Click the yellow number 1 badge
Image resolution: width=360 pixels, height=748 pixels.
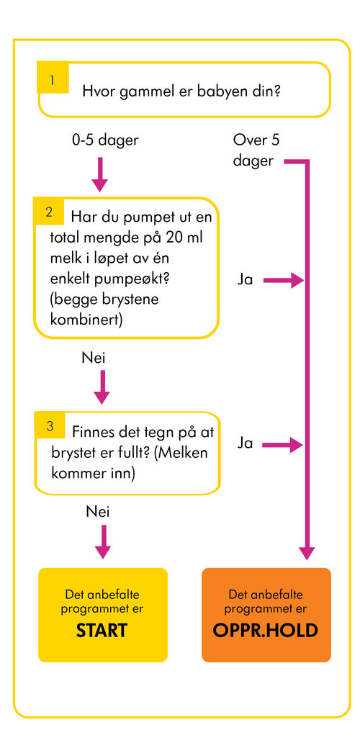click(x=53, y=77)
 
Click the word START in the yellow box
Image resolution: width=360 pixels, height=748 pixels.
click(x=102, y=630)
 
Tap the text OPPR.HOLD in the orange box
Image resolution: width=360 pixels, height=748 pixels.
click(x=266, y=630)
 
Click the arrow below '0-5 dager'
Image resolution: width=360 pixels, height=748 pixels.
click(x=99, y=174)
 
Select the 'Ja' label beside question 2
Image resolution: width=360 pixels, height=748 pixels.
click(x=245, y=280)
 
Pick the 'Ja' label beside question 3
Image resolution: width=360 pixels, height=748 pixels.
click(x=245, y=443)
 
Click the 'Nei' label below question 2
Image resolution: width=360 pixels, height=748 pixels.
click(x=94, y=358)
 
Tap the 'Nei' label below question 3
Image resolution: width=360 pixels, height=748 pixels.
click(x=98, y=512)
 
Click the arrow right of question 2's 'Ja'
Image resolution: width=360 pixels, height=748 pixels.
click(x=283, y=281)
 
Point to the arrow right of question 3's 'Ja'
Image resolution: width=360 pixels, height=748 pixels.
click(x=283, y=445)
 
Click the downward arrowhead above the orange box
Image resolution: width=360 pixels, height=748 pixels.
click(x=307, y=552)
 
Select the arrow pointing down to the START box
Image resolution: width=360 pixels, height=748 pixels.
click(x=102, y=542)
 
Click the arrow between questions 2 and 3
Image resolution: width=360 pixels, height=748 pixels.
click(x=102, y=387)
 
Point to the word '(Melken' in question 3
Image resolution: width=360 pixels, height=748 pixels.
click(x=181, y=453)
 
